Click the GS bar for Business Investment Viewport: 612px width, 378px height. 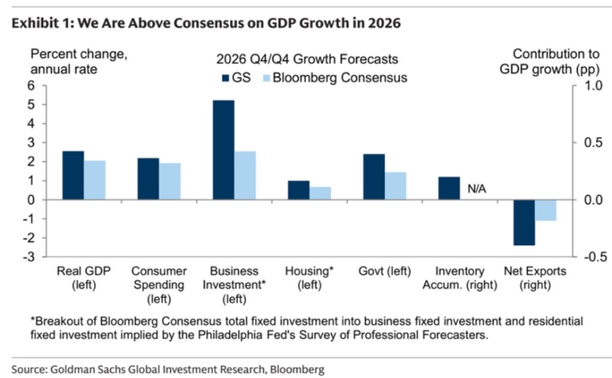[x=224, y=150]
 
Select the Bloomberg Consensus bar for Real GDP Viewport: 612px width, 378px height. [x=95, y=180]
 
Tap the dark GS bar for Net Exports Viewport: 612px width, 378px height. [x=524, y=223]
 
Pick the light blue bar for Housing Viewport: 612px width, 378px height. [x=320, y=193]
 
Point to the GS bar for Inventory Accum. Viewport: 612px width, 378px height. [x=449, y=189]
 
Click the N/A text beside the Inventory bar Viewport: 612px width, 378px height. [x=477, y=189]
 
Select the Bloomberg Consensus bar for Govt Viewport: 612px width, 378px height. [x=396, y=186]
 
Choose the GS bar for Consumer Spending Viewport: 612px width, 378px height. [x=148, y=179]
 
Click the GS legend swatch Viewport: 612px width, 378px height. [x=226, y=78]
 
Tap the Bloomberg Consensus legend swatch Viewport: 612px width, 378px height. [x=267, y=78]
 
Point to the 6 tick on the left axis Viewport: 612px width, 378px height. [x=31, y=85]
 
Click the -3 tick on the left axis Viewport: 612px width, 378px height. [x=29, y=257]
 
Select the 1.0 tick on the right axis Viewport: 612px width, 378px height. [x=593, y=85]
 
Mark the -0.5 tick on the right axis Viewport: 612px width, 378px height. [x=596, y=257]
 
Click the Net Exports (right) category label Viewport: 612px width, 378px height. [x=535, y=278]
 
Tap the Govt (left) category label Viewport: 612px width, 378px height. [x=385, y=271]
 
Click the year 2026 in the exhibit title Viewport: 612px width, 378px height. [x=384, y=23]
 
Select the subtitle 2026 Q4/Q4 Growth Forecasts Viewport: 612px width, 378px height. [x=307, y=59]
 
